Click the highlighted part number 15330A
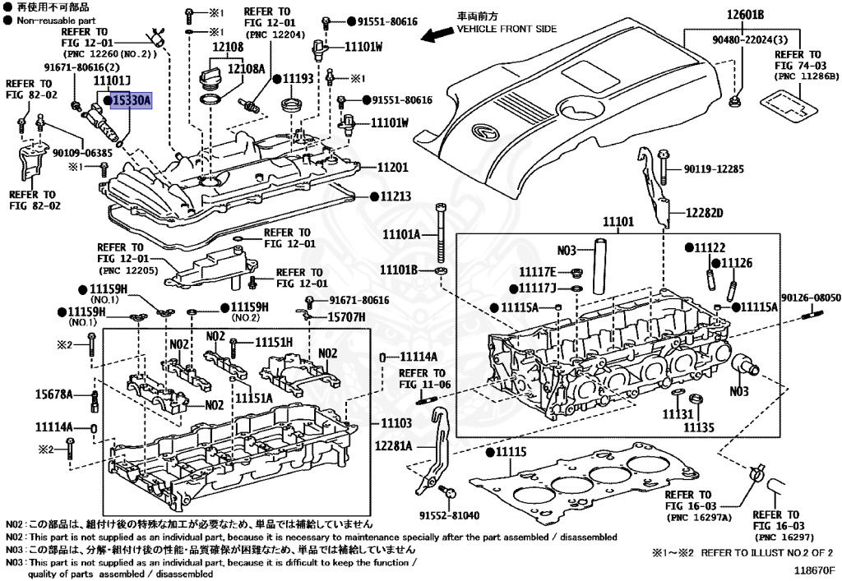132,100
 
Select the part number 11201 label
392,167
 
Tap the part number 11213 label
395,197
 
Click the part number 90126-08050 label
810,297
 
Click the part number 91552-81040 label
448,516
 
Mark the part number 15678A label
53,395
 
